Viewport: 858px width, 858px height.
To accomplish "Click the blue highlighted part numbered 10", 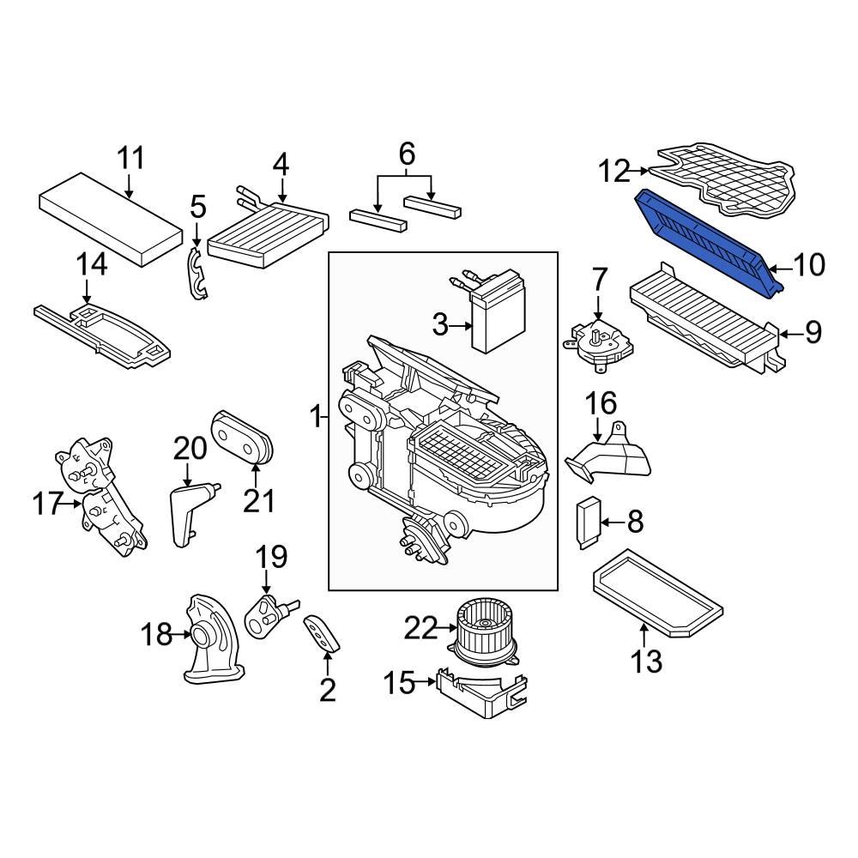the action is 710,243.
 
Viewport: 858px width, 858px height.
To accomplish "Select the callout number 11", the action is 131,158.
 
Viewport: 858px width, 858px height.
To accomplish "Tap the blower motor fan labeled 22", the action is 484,631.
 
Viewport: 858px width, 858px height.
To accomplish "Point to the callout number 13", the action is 646,661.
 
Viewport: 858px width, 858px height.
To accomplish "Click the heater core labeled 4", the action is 268,232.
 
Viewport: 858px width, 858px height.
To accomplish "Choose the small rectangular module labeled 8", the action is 589,523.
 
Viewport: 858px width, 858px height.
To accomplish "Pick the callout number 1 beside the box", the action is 315,418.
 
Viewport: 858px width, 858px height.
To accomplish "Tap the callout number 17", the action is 47,504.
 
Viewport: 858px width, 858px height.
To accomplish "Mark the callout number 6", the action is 407,154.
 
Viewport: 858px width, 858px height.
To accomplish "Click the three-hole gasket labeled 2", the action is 321,634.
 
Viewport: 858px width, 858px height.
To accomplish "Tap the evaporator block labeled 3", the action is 498,311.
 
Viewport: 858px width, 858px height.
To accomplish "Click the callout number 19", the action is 271,557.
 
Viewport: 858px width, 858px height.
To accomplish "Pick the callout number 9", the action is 813,331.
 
